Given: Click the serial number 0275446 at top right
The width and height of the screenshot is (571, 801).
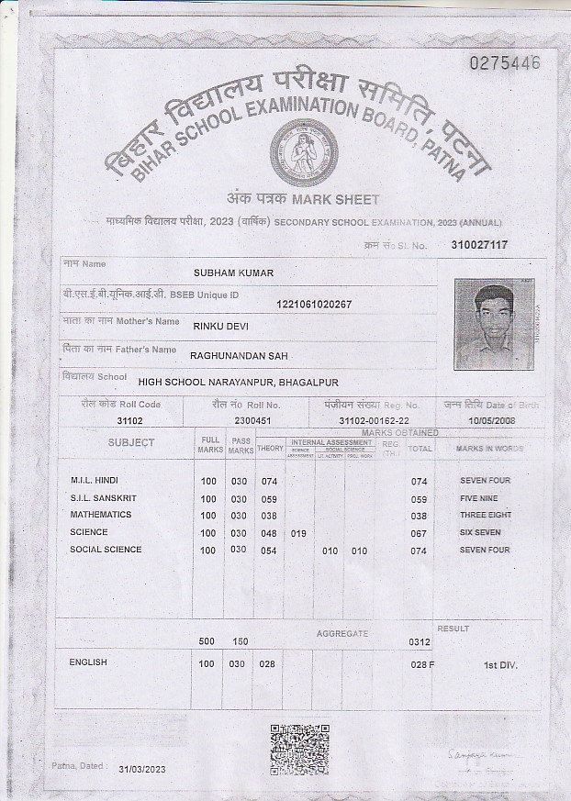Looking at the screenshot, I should (x=505, y=62).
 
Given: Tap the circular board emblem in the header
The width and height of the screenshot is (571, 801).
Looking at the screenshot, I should (x=304, y=152).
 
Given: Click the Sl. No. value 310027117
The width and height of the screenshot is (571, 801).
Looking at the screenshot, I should (x=479, y=245).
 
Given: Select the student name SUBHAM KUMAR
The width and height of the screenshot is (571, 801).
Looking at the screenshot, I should (x=233, y=273).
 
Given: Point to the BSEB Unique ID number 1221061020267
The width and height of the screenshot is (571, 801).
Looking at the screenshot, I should (x=314, y=304).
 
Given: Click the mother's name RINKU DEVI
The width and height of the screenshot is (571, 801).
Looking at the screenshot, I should (x=220, y=326).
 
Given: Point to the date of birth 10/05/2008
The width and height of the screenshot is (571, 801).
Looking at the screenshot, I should (x=493, y=420).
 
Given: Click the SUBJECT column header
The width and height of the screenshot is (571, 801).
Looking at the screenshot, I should (x=131, y=443).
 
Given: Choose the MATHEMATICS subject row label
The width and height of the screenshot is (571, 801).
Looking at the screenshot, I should (x=101, y=515).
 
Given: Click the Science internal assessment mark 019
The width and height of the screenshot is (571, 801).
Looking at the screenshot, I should (x=298, y=532).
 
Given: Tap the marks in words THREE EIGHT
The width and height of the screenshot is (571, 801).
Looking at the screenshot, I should (x=486, y=515).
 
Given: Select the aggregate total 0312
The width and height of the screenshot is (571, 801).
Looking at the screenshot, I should (x=420, y=642).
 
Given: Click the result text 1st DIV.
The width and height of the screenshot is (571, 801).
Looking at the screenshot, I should (x=500, y=664).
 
